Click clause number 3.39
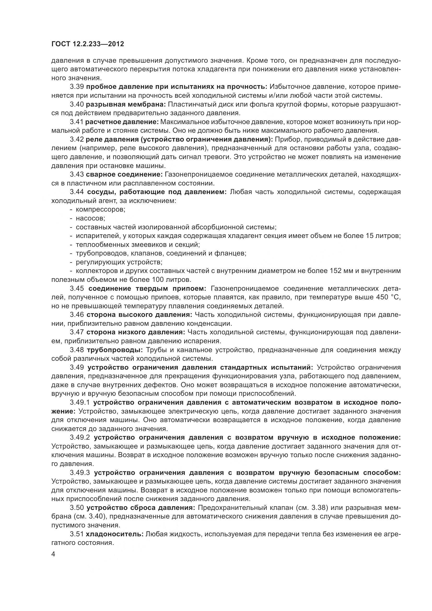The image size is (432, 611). [x=77, y=87]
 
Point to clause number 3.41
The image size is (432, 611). [x=77, y=122]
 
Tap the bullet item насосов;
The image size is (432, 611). [x=90, y=218]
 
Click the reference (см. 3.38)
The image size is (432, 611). [x=312, y=508]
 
